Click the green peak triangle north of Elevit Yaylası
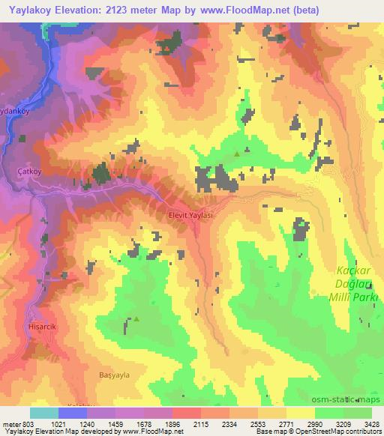tap(238, 154)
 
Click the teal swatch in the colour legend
tap(44, 413)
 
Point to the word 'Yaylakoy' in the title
tap(30, 10)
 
